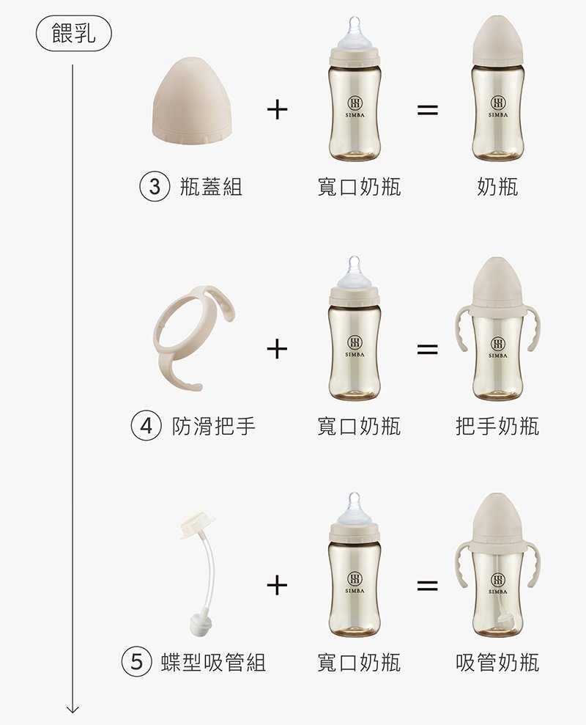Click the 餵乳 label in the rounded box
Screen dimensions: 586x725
74,33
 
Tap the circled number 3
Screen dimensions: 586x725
155,187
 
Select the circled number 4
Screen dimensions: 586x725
146,425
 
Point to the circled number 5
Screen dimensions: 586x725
137,662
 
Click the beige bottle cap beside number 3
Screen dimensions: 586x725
195,100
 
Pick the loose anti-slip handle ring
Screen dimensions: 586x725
194,337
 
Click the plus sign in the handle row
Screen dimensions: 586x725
278,348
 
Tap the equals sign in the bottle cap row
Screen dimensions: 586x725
428,110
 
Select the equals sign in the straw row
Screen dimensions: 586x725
428,586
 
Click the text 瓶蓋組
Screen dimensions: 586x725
211,187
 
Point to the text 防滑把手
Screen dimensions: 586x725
213,425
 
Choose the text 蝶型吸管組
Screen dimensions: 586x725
213,662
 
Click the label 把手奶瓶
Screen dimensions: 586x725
497,425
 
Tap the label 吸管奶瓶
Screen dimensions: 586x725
497,662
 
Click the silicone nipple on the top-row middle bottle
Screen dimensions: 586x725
355,33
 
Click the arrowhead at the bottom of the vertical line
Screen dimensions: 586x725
73,710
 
